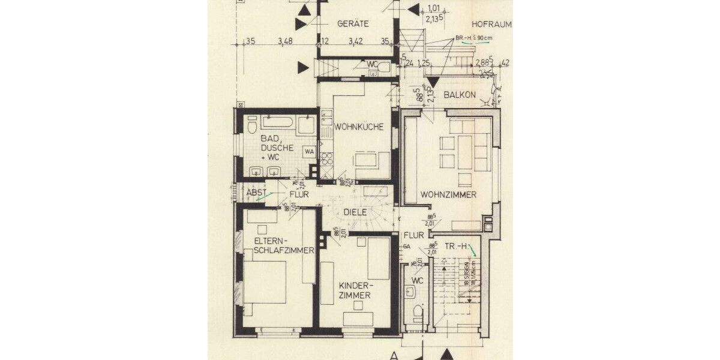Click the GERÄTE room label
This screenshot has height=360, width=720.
point(353,24)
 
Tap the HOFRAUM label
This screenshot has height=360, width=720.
point(491,25)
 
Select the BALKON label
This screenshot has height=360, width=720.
point(460,95)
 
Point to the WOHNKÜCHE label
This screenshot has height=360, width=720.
point(359,127)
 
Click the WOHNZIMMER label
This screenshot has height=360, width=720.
point(448,195)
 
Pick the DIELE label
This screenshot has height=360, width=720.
point(355,212)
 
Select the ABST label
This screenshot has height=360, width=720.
point(256,193)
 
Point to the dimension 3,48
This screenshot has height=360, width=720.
point(286,41)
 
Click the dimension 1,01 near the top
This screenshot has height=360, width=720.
point(433,8)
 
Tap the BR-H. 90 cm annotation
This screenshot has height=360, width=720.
point(474,38)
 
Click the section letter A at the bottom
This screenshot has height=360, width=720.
point(394,355)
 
